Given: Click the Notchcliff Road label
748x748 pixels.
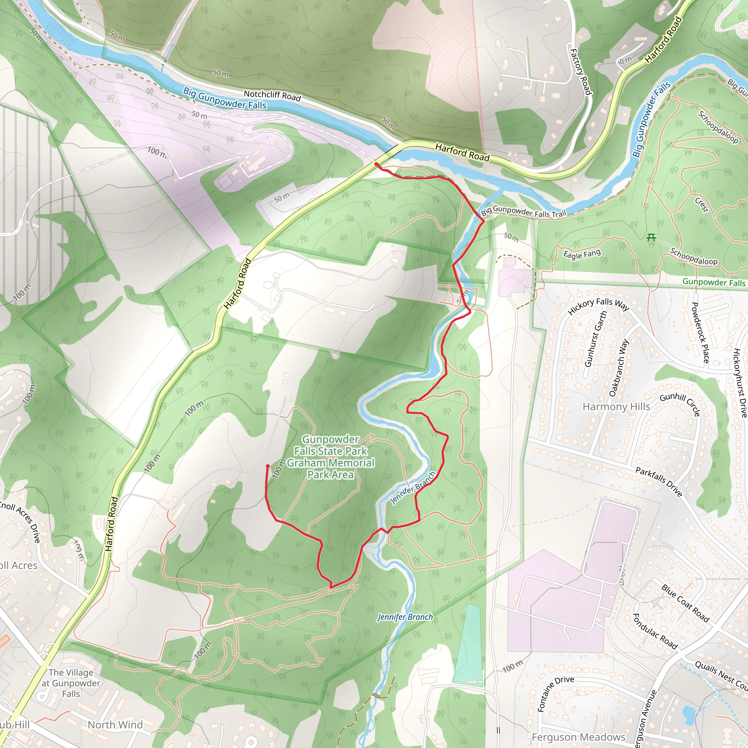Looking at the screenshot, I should (x=272, y=95).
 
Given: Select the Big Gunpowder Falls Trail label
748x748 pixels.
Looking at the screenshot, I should (x=523, y=212).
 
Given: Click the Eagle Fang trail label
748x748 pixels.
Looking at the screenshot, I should (x=582, y=254).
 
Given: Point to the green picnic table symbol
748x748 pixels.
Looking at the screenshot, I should (x=651, y=237).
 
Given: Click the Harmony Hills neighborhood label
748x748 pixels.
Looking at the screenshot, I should (x=616, y=407).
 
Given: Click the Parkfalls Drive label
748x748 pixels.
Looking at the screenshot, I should (x=659, y=482).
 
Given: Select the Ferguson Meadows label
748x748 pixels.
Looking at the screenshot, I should (x=579, y=737).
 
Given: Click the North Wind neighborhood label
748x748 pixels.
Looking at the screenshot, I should (x=115, y=725).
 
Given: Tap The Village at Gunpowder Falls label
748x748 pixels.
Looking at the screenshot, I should (x=71, y=683).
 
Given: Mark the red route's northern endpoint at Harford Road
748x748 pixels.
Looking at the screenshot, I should (x=376, y=164).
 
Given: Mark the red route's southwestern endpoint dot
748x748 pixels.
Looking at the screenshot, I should (x=267, y=466).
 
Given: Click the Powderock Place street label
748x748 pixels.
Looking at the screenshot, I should (x=700, y=332).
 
